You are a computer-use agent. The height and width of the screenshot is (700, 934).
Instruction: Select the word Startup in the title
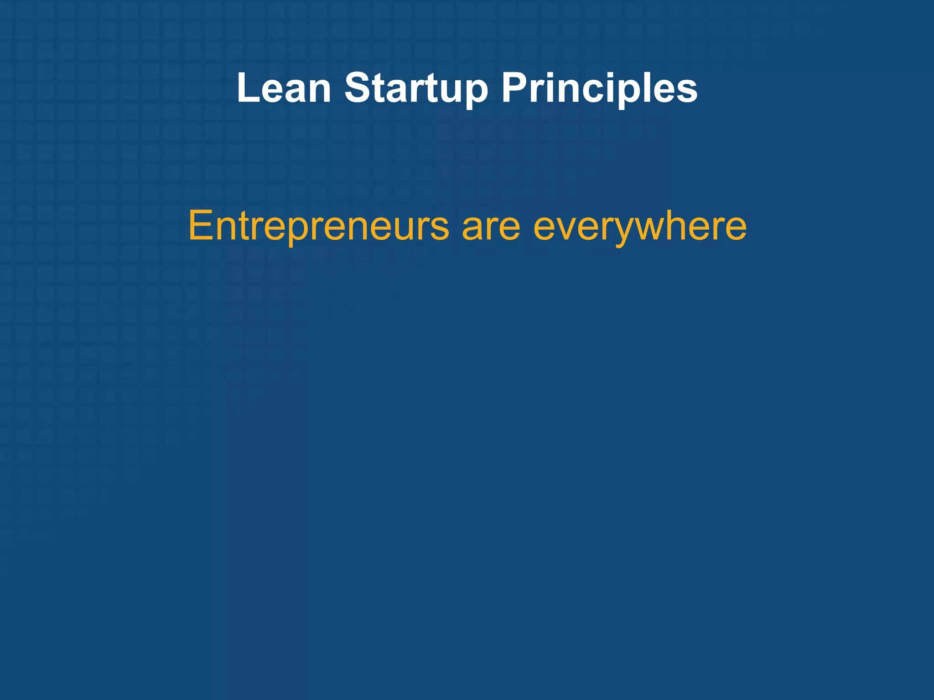pos(416,89)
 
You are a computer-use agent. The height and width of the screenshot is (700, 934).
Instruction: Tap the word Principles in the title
pos(599,89)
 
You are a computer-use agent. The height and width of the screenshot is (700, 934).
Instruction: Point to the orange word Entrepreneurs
pos(318,226)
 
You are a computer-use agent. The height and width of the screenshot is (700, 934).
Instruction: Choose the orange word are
pos(491,226)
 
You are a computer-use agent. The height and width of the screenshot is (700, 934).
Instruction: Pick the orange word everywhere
pos(640,226)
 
